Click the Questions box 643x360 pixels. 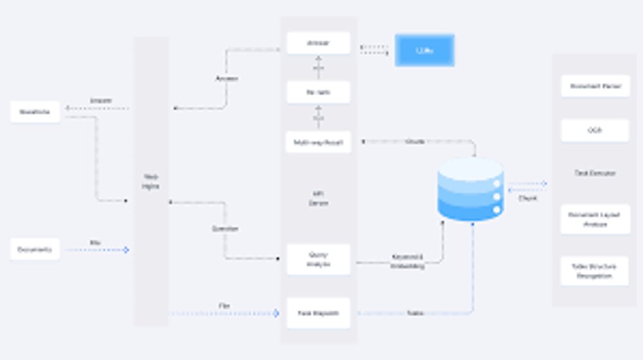click(x=35, y=112)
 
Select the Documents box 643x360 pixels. click(x=35, y=249)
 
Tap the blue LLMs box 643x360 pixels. click(x=424, y=50)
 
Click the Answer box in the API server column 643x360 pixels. click(x=318, y=44)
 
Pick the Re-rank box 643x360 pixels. click(x=318, y=93)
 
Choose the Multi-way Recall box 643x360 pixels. click(x=318, y=142)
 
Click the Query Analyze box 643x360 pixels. click(x=318, y=259)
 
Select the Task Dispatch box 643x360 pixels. click(x=318, y=313)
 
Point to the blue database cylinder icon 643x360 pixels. click(x=470, y=189)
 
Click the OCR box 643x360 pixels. click(x=595, y=130)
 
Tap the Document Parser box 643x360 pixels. click(x=595, y=86)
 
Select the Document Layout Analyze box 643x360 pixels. click(x=595, y=220)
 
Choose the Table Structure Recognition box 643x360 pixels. click(x=595, y=271)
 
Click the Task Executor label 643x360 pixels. click(x=595, y=174)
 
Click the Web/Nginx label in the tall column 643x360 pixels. click(x=151, y=181)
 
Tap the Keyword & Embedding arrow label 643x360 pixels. click(x=407, y=261)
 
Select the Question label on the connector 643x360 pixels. click(x=225, y=229)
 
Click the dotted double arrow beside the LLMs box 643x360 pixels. click(x=374, y=50)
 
